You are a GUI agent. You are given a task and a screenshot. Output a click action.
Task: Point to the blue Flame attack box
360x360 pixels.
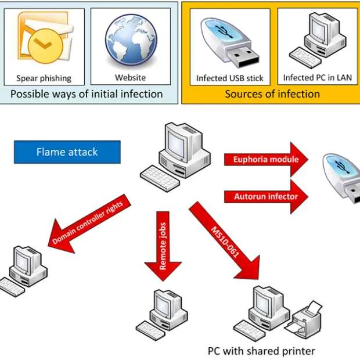point(67,152)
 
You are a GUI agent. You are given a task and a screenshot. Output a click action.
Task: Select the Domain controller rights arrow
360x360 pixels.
point(90,224)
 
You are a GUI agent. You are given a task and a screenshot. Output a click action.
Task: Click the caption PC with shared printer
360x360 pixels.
point(261,351)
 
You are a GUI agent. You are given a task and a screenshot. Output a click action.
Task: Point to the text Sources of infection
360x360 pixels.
point(272,93)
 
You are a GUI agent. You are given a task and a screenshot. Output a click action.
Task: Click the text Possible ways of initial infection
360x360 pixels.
point(87,93)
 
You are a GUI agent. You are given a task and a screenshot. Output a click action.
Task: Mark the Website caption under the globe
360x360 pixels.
point(130,78)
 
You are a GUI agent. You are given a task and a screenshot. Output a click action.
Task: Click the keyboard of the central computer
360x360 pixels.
point(160,176)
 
